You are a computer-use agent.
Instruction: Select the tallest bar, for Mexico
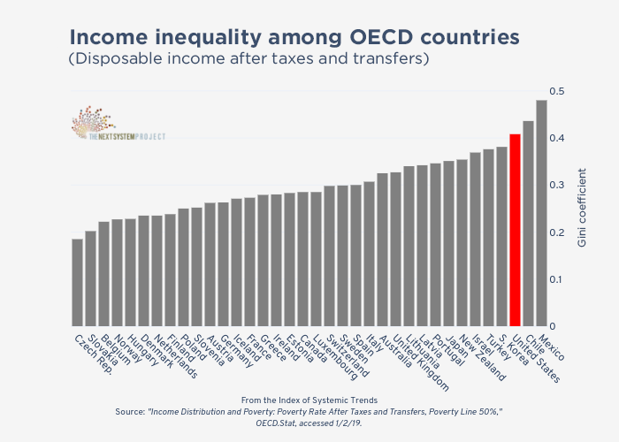pos(541,213)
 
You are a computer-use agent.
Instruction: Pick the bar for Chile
pos(528,224)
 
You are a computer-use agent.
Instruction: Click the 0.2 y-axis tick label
pos(556,232)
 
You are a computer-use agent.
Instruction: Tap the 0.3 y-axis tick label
pos(556,186)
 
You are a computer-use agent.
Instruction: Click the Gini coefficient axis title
pos(581,210)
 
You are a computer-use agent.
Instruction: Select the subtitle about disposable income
pos(248,59)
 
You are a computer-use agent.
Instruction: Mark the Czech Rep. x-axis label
pos(92,352)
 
